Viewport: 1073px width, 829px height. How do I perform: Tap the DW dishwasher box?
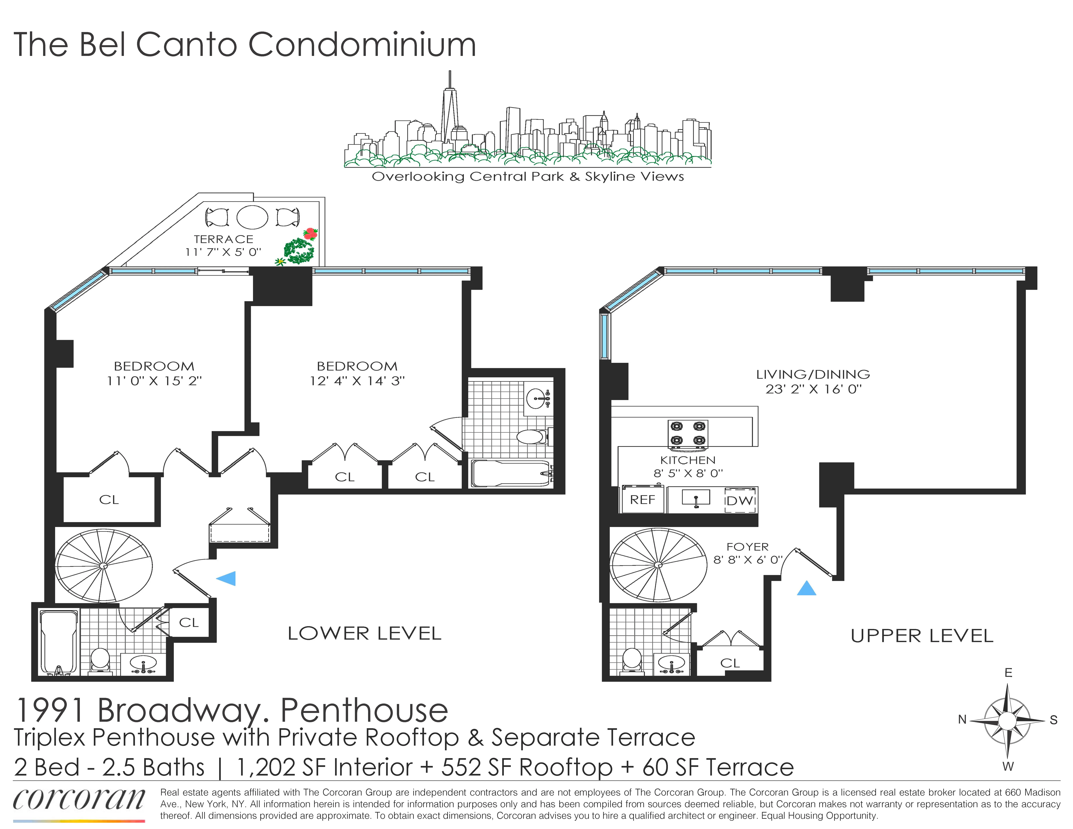click(x=740, y=500)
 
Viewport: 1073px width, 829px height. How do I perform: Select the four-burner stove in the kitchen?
click(x=688, y=434)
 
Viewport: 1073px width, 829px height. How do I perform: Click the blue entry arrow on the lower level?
click(x=226, y=578)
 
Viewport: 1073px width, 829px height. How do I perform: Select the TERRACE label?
click(x=224, y=239)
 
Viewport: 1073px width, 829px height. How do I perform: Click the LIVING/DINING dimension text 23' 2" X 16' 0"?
click(x=813, y=389)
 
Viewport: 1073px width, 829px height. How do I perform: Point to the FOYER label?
click(x=747, y=547)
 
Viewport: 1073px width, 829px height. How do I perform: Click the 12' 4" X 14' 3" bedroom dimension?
click(x=357, y=381)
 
